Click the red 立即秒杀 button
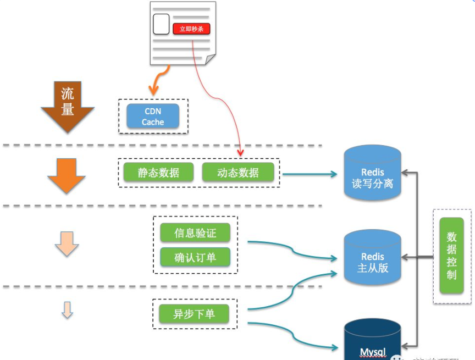(191, 29)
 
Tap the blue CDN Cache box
(153, 117)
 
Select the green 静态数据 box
(158, 173)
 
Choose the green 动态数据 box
(238, 173)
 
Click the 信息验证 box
(195, 232)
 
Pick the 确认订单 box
(195, 258)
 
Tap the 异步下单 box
(194, 314)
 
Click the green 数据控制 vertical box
(451, 255)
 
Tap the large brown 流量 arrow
(68, 107)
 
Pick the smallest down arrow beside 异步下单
(67, 310)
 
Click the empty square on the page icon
(161, 24)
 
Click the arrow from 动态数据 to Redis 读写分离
(308, 174)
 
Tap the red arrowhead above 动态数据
(240, 151)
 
